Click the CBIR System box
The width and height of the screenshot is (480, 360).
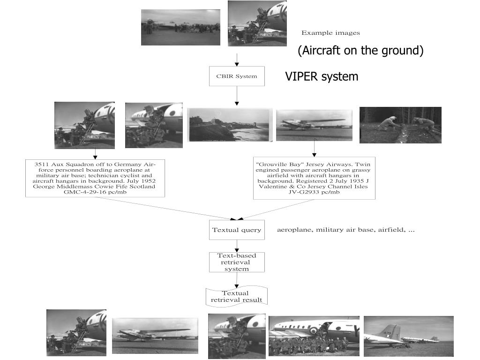pyautogui.click(x=237, y=76)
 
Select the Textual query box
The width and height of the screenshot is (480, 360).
pyautogui.click(x=237, y=230)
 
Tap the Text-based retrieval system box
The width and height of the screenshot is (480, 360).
pyautogui.click(x=237, y=262)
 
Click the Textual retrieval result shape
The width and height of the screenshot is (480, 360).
pyautogui.click(x=237, y=296)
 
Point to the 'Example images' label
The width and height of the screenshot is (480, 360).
pyautogui.click(x=330, y=33)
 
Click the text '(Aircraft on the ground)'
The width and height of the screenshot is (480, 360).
pyautogui.click(x=360, y=51)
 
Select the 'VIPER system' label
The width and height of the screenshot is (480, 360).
pyautogui.click(x=322, y=76)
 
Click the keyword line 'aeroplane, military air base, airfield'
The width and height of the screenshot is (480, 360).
pyautogui.click(x=345, y=230)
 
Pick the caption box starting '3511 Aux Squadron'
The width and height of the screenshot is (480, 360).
pyautogui.click(x=95, y=178)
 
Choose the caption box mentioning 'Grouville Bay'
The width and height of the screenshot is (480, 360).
pyautogui.click(x=314, y=178)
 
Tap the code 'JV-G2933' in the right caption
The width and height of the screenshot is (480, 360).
pyautogui.click(x=305, y=192)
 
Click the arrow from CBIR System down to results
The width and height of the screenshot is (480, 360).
pyautogui.click(x=237, y=96)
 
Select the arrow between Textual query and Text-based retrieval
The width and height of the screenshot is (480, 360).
pyautogui.click(x=237, y=246)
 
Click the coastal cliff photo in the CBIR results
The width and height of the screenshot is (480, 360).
pyautogui.click(x=230, y=125)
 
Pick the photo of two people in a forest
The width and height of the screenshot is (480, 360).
pyautogui.click(x=400, y=125)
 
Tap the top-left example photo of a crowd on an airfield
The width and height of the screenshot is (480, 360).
pyautogui.click(x=180, y=27)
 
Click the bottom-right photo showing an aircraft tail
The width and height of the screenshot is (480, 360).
pyautogui.click(x=408, y=336)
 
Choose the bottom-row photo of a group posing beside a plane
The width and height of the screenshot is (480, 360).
pyautogui.click(x=314, y=336)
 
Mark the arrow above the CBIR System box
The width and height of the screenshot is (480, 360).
pyautogui.click(x=237, y=60)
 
